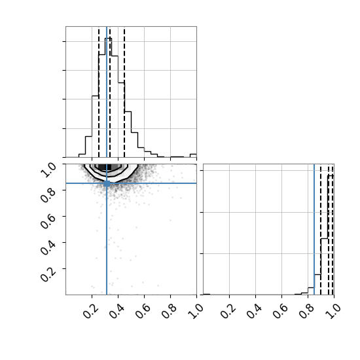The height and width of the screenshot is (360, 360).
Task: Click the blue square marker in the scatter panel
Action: click(x=107, y=183)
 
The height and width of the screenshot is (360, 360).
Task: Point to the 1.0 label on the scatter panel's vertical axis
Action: click(x=48, y=170)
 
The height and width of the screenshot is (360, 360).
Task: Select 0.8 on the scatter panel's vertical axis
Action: click(x=48, y=196)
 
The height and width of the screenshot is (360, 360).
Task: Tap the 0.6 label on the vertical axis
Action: click(x=48, y=222)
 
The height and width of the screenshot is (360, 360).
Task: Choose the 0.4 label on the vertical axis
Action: click(x=48, y=248)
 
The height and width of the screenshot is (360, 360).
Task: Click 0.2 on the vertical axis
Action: click(x=48, y=274)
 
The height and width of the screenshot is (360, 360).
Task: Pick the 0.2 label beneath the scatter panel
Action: click(x=90, y=312)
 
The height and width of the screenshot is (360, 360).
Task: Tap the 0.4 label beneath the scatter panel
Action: click(x=116, y=312)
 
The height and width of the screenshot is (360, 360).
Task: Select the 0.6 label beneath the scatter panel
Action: click(x=142, y=312)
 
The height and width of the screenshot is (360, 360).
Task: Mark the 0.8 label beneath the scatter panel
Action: click(x=168, y=312)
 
